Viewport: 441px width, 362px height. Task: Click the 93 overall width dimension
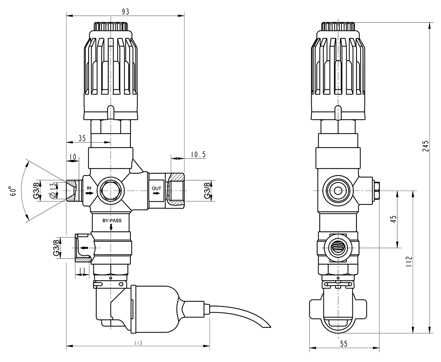pyautogui.click(x=125, y=11)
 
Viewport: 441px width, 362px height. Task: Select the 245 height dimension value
pyautogui.click(x=426, y=146)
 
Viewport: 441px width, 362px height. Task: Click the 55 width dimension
pyautogui.click(x=344, y=344)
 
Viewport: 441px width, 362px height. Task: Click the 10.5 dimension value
pyautogui.click(x=198, y=155)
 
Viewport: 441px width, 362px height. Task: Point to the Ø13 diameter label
pyautogui.click(x=52, y=191)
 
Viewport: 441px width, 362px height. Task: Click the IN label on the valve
pyautogui.click(x=89, y=188)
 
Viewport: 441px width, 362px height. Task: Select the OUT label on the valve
pyautogui.click(x=157, y=189)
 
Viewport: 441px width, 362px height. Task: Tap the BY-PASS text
pyautogui.click(x=112, y=221)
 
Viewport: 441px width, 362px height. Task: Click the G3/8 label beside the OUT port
pyautogui.click(x=208, y=191)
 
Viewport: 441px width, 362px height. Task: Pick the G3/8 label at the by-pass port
pyautogui.click(x=56, y=248)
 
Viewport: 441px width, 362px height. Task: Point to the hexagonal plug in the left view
pyautogui.click(x=111, y=191)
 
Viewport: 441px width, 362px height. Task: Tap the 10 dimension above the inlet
pyautogui.click(x=73, y=157)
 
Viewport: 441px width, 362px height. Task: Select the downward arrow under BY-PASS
pyautogui.click(x=111, y=228)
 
